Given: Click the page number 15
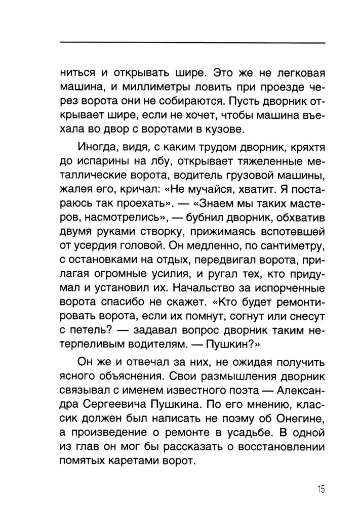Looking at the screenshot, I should (321, 489).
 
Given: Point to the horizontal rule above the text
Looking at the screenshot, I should (192, 41).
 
